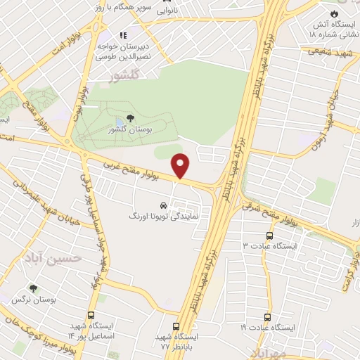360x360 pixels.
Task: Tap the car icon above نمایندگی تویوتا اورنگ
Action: pyautogui.click(x=163, y=205)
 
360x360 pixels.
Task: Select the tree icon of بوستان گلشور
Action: pyautogui.click(x=129, y=118)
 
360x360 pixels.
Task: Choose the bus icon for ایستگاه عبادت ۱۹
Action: pyautogui.click(x=266, y=317)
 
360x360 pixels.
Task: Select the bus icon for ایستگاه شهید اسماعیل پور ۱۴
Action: pyautogui.click(x=91, y=315)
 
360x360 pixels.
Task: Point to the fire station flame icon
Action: pyautogui.click(x=335, y=13)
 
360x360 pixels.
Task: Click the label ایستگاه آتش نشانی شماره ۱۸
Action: pyautogui.click(x=334, y=29)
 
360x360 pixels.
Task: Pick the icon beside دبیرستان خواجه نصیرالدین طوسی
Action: pyautogui.click(x=122, y=34)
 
